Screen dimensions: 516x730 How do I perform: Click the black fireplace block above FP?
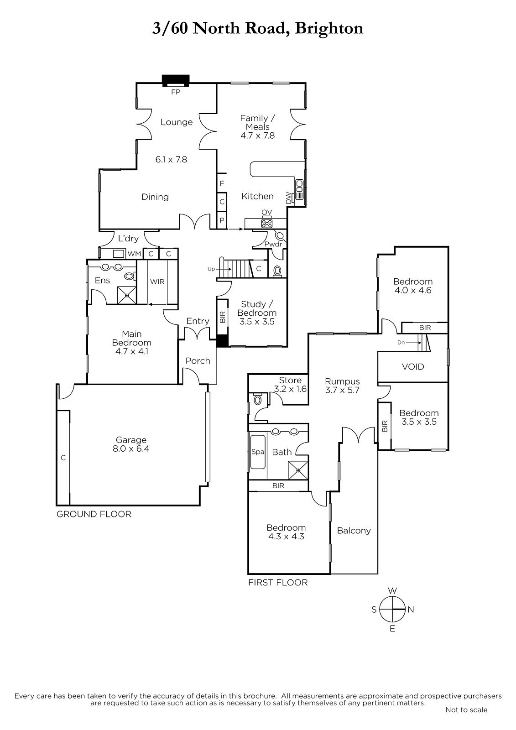tap(176, 80)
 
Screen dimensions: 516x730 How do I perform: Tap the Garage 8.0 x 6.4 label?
tap(131, 444)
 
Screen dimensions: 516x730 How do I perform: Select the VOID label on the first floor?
tap(413, 367)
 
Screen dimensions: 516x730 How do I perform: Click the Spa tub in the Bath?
tap(258, 452)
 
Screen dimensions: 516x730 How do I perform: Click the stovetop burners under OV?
tap(266, 223)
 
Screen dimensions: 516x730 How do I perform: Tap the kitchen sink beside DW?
tap(300, 189)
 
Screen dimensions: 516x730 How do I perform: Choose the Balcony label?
tap(354, 531)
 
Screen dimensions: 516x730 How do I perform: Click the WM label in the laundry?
tap(134, 254)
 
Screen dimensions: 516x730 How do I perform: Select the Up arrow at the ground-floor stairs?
tap(223, 269)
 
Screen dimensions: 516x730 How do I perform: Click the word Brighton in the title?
tap(329, 29)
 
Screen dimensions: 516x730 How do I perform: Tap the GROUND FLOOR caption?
tap(94, 514)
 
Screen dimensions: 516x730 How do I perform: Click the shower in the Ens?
tap(127, 295)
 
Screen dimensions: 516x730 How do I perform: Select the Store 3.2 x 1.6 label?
tap(290, 385)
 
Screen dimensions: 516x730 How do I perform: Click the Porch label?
tap(198, 361)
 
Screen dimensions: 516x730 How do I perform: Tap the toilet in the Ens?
tap(130, 276)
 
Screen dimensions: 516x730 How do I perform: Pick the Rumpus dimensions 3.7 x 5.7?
tap(342, 390)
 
